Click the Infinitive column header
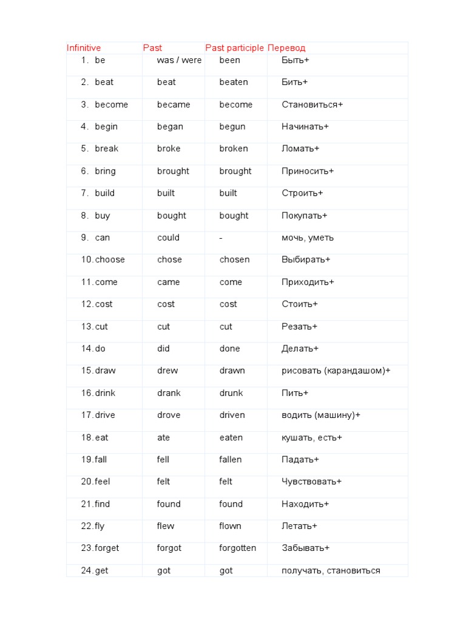pos(84,48)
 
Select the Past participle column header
pos(234,48)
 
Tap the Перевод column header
pos(286,48)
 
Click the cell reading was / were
pos(179,60)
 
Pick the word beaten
pos(234,82)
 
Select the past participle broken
pos(234,149)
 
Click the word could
pos(168,238)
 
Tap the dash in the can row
pos(221,238)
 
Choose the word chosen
pos(234,259)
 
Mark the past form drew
pos(167,371)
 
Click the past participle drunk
pos(231,393)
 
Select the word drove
pos(169,415)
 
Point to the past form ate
pos(163,437)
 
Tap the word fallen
pos(231,459)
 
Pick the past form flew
pos(166,526)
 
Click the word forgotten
pos(238,548)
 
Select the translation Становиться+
pos(312,104)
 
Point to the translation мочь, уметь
pos(308,238)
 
